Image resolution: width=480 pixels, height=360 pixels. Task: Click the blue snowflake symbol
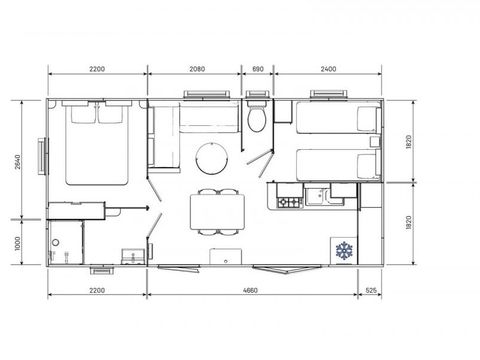[x=344, y=251]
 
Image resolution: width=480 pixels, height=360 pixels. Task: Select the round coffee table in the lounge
[x=212, y=158]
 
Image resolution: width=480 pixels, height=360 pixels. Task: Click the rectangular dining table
[x=217, y=212]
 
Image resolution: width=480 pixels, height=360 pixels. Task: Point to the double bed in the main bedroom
[x=97, y=143]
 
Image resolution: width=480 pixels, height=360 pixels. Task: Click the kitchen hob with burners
[x=289, y=202]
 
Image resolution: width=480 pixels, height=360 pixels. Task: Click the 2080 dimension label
[x=197, y=69]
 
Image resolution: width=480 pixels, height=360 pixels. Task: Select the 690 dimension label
[x=258, y=69]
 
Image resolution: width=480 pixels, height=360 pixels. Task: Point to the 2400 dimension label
[x=328, y=69]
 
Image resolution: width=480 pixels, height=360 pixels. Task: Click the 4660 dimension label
[x=250, y=290]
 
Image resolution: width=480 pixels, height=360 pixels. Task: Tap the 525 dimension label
[x=371, y=290]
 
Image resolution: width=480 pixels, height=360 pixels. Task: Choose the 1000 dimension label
[x=18, y=243]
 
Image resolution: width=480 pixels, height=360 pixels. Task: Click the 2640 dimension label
[x=18, y=162]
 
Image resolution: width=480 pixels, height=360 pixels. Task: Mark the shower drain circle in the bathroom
[x=55, y=243]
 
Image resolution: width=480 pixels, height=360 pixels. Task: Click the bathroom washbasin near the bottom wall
[x=133, y=257]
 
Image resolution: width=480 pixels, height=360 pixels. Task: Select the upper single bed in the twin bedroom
[x=338, y=117]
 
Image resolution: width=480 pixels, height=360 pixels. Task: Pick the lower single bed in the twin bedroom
[x=338, y=165]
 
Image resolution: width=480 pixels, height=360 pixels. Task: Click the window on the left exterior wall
[x=43, y=156]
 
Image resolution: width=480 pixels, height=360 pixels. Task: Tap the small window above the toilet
[x=257, y=94]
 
